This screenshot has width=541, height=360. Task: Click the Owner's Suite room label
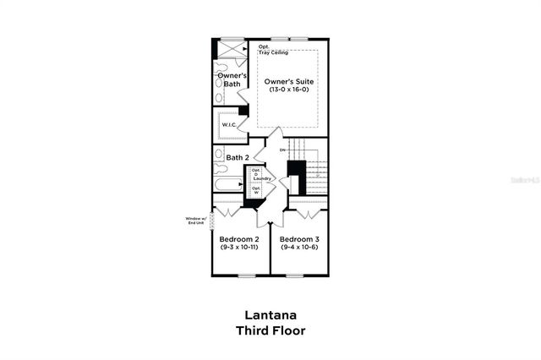tap(289, 80)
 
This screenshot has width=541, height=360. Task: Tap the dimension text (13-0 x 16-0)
tap(289, 90)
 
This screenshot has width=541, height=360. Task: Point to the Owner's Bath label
tap(231, 79)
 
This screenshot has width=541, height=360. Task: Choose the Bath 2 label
tap(237, 157)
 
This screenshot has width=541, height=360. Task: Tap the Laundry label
tap(261, 179)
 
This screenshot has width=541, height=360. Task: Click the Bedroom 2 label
tap(239, 239)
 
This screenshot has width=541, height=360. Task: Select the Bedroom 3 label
tap(299, 239)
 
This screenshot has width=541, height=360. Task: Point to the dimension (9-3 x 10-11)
tap(239, 248)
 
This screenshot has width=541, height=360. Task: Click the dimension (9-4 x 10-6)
tap(299, 248)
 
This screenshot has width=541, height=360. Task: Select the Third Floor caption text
tap(270, 330)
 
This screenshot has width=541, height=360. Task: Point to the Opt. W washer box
tap(255, 190)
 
